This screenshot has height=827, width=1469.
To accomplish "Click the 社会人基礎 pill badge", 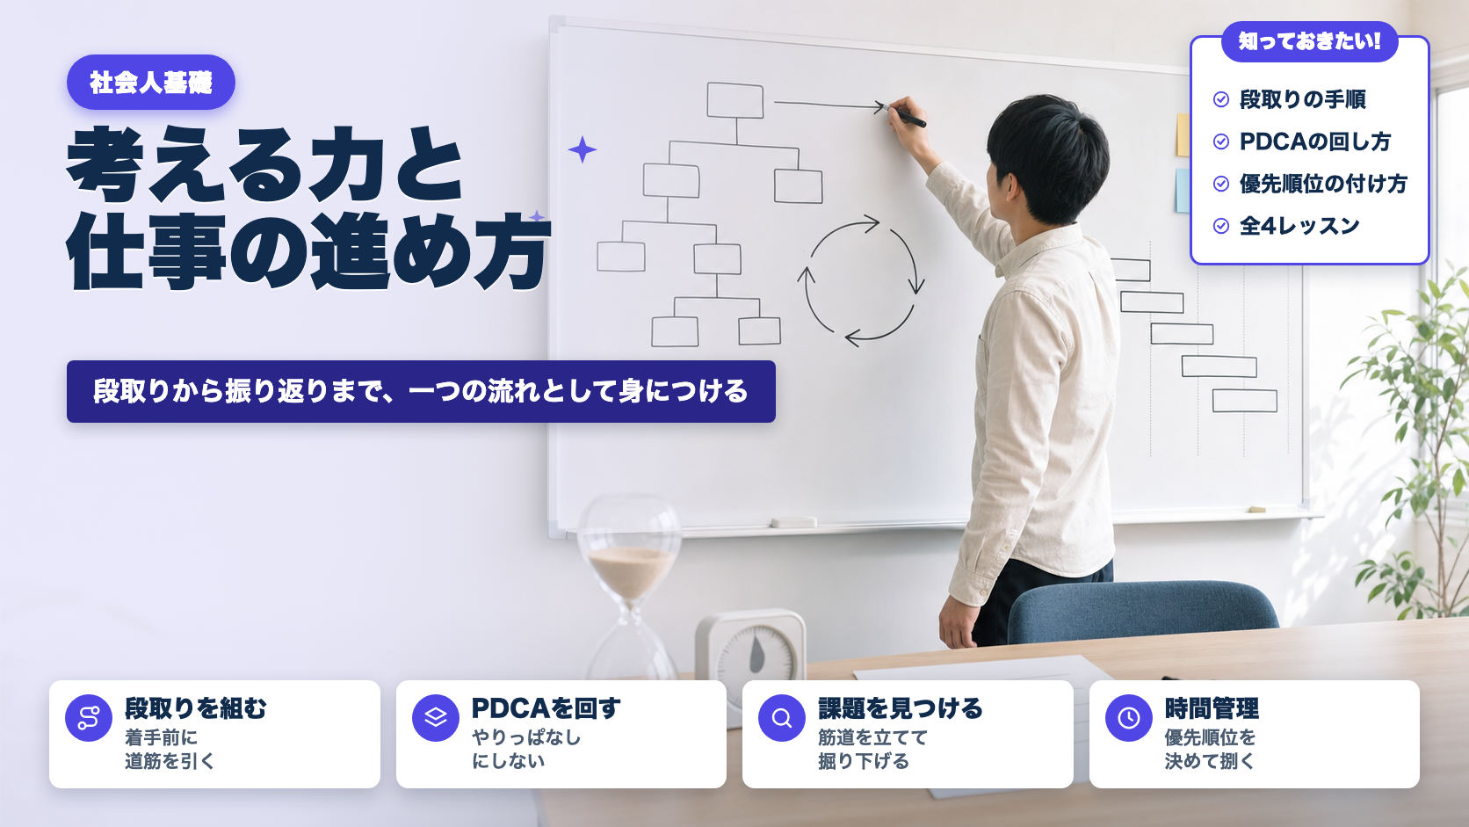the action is point(151,83).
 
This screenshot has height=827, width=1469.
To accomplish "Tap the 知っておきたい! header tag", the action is point(1310,41).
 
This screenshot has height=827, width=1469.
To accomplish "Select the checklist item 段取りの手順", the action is point(1302,99).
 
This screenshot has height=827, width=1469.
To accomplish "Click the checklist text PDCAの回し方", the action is point(1315,141).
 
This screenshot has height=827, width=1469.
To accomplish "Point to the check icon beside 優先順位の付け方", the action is point(1221,183).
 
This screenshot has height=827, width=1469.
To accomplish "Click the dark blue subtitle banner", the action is point(421,392).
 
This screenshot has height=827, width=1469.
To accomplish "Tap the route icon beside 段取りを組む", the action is point(89,718).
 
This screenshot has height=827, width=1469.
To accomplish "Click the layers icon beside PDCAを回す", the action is point(436,718).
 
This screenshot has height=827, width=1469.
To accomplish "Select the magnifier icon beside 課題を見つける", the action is point(782,718).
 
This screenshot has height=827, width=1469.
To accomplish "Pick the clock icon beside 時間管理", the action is point(1129,718).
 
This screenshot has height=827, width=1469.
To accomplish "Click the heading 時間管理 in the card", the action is point(1212,708).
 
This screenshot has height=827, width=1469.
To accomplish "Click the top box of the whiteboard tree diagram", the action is point(735,100).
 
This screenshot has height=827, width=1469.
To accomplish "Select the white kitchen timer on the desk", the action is point(751,650).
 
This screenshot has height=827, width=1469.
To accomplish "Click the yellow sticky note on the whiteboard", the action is point(1183,134).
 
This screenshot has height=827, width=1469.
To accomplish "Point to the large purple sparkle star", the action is point(582,149).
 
